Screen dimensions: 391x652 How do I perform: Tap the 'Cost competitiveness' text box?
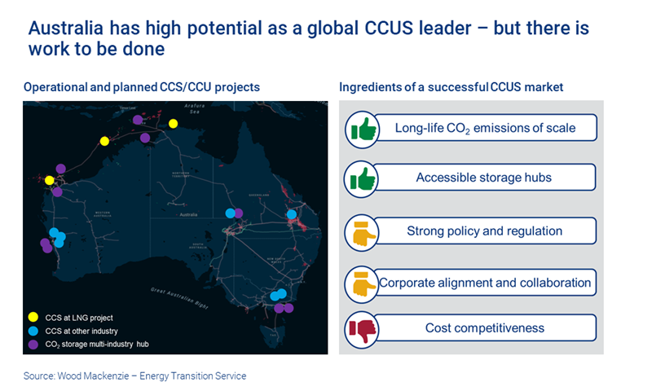pos(485,328)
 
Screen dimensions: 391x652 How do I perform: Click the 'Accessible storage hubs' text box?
pos(485,178)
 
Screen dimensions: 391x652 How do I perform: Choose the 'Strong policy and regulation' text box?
pos(485,231)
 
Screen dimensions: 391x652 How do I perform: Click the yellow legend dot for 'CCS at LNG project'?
pos(33,317)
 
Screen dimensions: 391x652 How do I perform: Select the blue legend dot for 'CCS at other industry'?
pos(33,331)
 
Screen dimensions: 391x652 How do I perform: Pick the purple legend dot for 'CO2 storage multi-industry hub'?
pos(33,345)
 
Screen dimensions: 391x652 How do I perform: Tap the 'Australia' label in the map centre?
pos(188,215)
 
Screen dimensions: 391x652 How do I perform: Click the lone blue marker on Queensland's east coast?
pos(292,215)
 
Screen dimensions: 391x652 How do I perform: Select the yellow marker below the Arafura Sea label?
pos(173,124)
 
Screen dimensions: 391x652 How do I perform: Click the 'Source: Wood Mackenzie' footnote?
pos(134,376)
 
